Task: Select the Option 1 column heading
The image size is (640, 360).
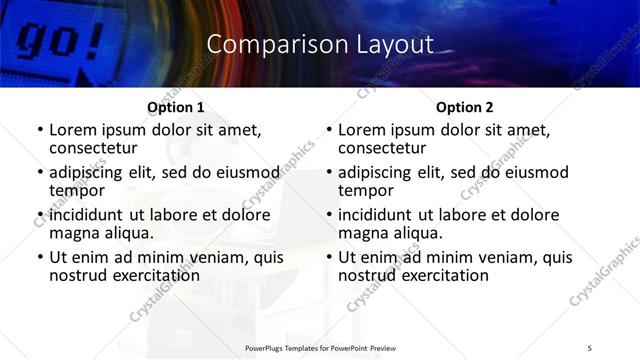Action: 176,107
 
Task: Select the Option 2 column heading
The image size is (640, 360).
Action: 465,107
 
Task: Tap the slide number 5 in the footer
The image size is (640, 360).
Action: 590,347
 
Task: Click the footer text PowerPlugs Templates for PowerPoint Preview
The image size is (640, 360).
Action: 320,347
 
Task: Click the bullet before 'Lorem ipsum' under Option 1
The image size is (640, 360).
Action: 39,130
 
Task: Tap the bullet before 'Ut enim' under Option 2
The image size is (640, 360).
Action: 328,258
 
